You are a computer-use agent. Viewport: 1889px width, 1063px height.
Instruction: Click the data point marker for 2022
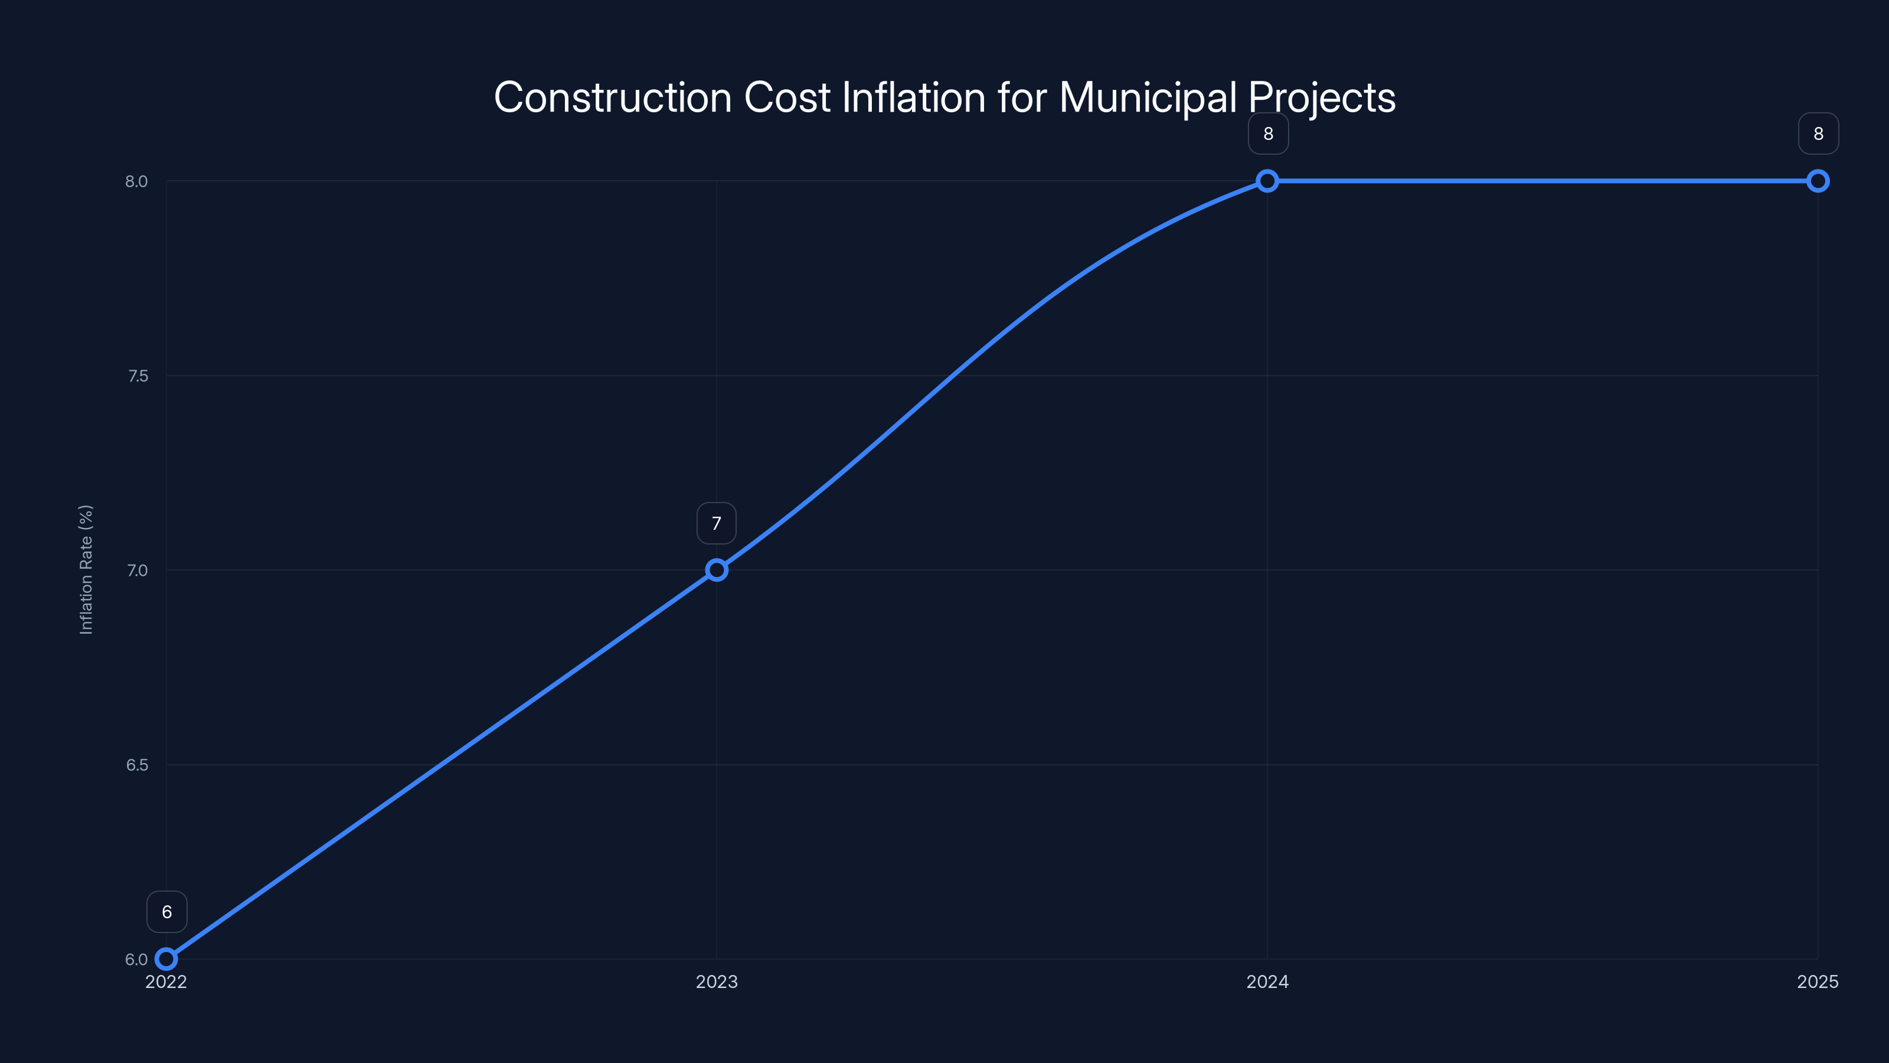pyautogui.click(x=166, y=959)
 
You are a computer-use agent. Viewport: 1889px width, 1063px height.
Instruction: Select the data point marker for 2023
pyautogui.click(x=717, y=570)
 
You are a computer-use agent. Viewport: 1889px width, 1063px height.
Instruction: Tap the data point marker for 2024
pyautogui.click(x=1267, y=181)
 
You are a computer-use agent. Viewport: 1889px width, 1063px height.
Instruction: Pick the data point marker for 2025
pyautogui.click(x=1818, y=181)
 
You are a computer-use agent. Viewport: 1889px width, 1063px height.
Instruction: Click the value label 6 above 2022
pyautogui.click(x=167, y=912)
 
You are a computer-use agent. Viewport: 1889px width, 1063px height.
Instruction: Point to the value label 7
pyautogui.click(x=717, y=523)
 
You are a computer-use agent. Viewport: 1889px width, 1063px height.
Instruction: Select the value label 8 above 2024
pyautogui.click(x=1268, y=133)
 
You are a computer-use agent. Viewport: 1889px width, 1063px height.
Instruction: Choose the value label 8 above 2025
pyautogui.click(x=1818, y=133)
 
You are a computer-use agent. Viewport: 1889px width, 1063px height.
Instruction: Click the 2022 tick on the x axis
pyautogui.click(x=166, y=982)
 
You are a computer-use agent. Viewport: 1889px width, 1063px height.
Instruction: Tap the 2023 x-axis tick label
pyautogui.click(x=717, y=982)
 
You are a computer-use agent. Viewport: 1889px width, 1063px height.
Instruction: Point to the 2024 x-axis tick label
pyautogui.click(x=1267, y=982)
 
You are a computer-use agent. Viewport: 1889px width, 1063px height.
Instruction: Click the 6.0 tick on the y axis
pyautogui.click(x=136, y=960)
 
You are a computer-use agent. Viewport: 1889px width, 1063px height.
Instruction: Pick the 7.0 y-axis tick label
pyautogui.click(x=137, y=570)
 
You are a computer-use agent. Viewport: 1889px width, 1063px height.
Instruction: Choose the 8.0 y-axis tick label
pyautogui.click(x=136, y=182)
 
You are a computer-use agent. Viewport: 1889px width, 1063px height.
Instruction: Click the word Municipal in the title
pyautogui.click(x=1148, y=97)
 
